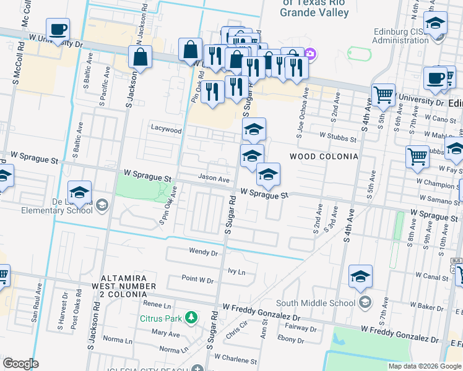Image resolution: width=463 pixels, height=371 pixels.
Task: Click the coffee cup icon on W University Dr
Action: pos(58,29)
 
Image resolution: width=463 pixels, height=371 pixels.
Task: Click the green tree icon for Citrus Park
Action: pos(192,318)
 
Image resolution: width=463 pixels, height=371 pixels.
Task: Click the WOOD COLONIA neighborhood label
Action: pos(323,156)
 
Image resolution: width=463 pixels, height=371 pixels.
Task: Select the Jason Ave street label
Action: pos(214,179)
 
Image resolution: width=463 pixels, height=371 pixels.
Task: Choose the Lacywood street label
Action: pos(167,130)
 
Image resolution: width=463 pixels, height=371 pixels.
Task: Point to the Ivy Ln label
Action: pos(236,271)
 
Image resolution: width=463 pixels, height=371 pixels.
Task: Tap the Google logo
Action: pos(20,364)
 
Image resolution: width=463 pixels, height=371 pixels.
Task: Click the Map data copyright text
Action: pos(425,366)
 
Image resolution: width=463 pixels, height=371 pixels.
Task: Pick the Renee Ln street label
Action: pos(157,305)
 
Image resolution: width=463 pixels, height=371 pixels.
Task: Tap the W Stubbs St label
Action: pos(338,134)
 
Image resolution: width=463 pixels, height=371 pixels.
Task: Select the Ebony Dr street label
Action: pos(292,338)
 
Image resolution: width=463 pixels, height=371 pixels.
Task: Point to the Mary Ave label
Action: pos(165,333)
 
